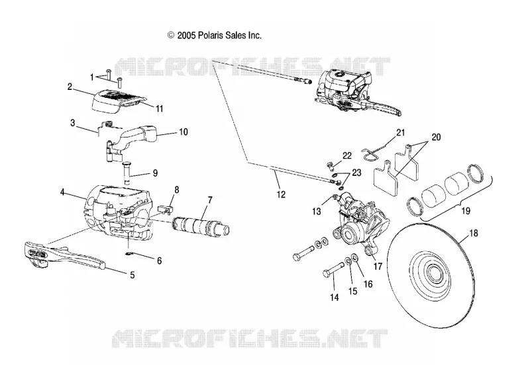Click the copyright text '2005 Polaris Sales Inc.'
tap(219, 36)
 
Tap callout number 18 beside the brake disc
tap(474, 233)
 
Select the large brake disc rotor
tap(436, 276)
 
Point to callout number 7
tap(210, 200)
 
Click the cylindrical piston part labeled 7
tap(202, 226)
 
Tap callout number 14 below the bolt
tap(335, 297)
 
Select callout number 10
tap(184, 132)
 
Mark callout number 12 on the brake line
tap(281, 194)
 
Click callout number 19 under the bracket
tap(466, 211)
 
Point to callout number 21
tap(401, 132)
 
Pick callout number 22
tap(346, 156)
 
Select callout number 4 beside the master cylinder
tap(62, 192)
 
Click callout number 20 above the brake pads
tap(436, 138)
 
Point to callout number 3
tap(73, 123)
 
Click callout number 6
tap(159, 261)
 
